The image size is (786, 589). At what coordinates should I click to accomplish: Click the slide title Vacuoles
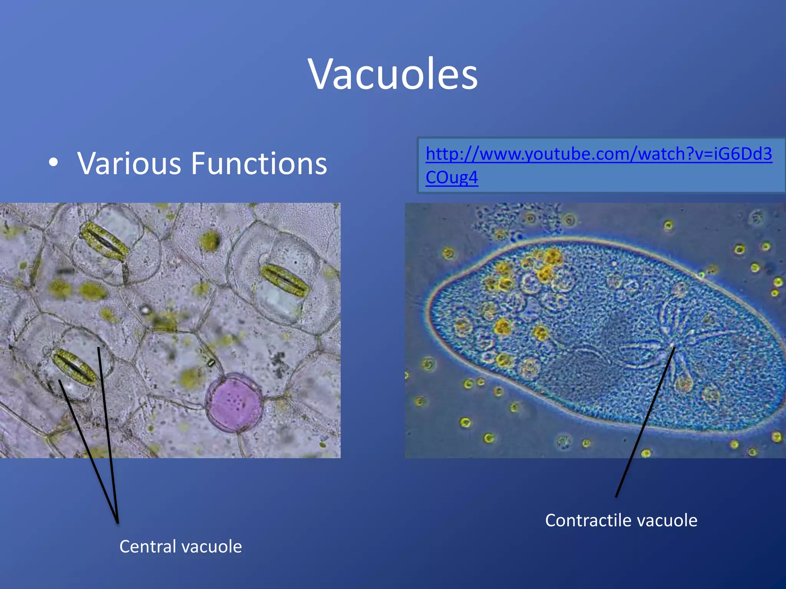pos(393,74)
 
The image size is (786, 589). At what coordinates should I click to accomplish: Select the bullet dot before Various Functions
pos(54,163)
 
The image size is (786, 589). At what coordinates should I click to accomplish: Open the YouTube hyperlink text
pos(599,154)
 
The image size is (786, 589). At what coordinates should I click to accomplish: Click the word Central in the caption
pos(147,546)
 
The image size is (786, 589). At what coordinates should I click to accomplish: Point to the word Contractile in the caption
pos(586,520)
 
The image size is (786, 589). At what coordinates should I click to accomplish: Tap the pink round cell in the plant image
pos(234,403)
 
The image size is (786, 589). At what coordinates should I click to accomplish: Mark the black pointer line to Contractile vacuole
pos(645,422)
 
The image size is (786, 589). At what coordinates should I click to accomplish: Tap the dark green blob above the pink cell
pos(210,240)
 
